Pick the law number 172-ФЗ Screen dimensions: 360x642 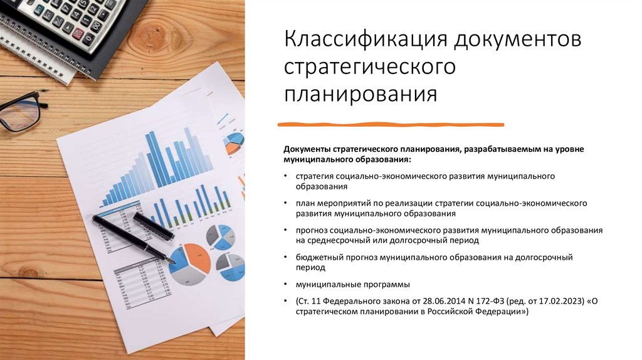(480, 300)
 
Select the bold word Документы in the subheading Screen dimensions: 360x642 (307, 150)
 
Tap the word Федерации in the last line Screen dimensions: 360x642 (501, 311)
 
